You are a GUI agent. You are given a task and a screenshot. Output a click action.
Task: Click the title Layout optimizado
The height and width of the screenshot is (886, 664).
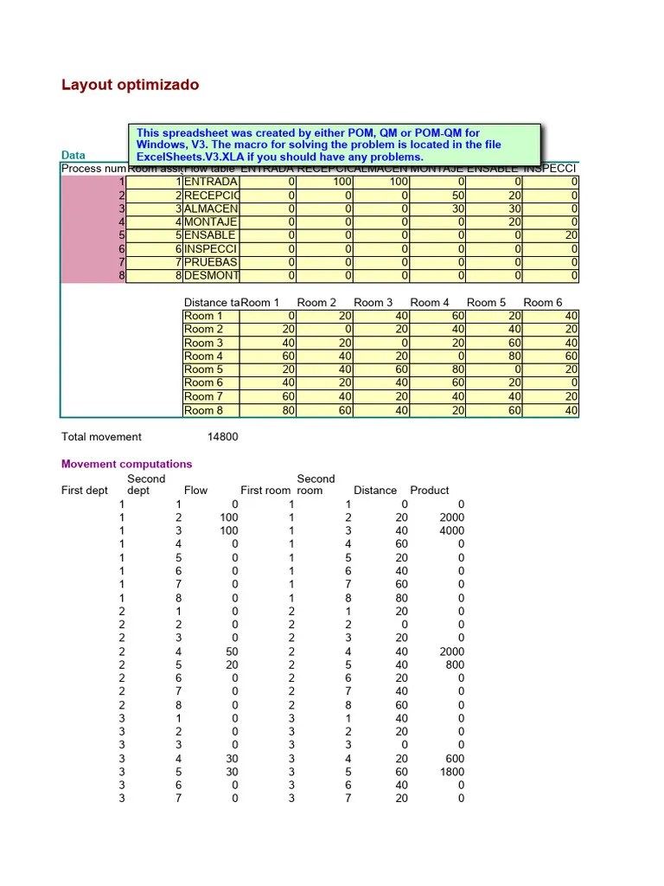coord(130,85)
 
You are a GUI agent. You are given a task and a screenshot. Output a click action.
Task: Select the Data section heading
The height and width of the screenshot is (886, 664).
coord(73,155)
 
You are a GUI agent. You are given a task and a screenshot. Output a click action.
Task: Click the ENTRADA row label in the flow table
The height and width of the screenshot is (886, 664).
coord(210,183)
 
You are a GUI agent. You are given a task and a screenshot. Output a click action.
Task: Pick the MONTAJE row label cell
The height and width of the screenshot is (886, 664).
coord(210,222)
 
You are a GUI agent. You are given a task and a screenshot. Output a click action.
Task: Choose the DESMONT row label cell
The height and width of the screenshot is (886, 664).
coord(210,276)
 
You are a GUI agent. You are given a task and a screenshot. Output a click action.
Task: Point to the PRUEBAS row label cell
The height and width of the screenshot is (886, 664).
coord(210,262)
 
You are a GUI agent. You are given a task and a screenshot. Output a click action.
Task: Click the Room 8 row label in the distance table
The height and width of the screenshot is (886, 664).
coord(203,410)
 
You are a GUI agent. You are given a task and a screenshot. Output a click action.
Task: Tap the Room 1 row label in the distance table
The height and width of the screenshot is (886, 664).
coord(203,316)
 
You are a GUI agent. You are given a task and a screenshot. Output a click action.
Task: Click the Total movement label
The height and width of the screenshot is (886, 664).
coord(101,437)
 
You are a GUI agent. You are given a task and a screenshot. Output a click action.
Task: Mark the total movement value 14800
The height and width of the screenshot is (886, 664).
coord(222,437)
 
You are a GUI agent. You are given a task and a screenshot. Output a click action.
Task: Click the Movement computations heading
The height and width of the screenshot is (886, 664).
coord(126,464)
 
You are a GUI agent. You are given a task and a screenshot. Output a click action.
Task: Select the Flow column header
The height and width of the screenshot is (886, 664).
coord(195,490)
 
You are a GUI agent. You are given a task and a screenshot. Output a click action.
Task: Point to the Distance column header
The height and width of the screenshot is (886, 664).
coord(375,490)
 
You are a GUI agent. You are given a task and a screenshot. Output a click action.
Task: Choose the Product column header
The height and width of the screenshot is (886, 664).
coord(430,490)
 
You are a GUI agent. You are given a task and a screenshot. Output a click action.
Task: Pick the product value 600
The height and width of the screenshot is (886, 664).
coord(454,759)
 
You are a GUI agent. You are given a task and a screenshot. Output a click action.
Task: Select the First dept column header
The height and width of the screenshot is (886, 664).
coord(85,490)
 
